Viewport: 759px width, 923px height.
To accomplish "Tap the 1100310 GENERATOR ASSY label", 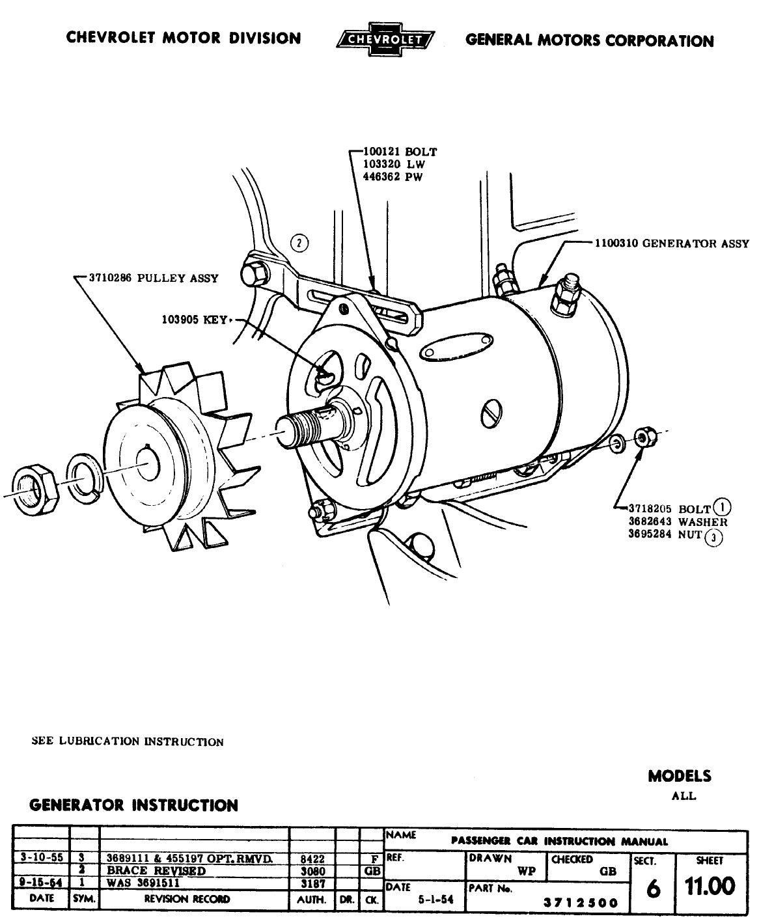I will click(x=671, y=244).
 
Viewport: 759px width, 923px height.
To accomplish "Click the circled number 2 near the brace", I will click(x=299, y=243).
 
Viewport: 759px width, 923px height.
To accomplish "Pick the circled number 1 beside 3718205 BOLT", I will click(x=721, y=506).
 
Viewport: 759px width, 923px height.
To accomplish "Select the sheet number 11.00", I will click(x=710, y=886).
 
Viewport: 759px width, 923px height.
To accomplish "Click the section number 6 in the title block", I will click(x=652, y=888).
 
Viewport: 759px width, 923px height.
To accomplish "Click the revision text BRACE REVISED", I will click(x=156, y=871).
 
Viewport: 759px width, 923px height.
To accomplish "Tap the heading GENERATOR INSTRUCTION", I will click(x=134, y=805).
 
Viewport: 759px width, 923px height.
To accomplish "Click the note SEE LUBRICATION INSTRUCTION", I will click(x=128, y=741).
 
